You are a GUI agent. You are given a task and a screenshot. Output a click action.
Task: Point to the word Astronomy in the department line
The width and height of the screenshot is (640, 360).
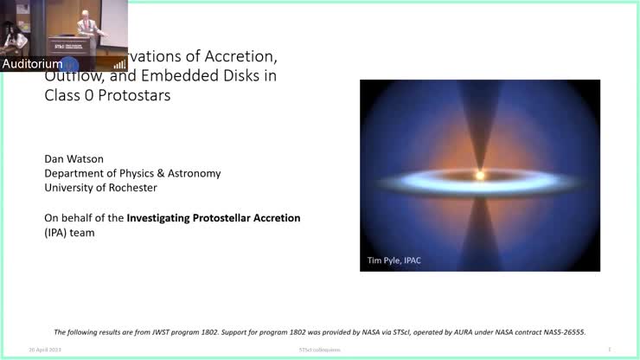[192, 173]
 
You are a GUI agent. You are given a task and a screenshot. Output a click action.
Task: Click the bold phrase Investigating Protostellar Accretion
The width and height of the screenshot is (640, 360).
[214, 218]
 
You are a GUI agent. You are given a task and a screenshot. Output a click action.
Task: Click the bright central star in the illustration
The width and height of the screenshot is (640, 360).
[479, 175]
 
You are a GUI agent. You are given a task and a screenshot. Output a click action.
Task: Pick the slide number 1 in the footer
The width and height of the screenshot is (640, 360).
[610, 350]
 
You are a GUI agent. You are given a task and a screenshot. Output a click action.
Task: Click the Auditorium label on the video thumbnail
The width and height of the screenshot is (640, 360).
[32, 64]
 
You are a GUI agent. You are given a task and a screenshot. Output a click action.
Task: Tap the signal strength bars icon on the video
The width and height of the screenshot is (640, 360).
[119, 64]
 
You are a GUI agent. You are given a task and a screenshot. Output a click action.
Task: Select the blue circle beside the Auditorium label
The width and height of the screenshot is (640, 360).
[71, 64]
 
